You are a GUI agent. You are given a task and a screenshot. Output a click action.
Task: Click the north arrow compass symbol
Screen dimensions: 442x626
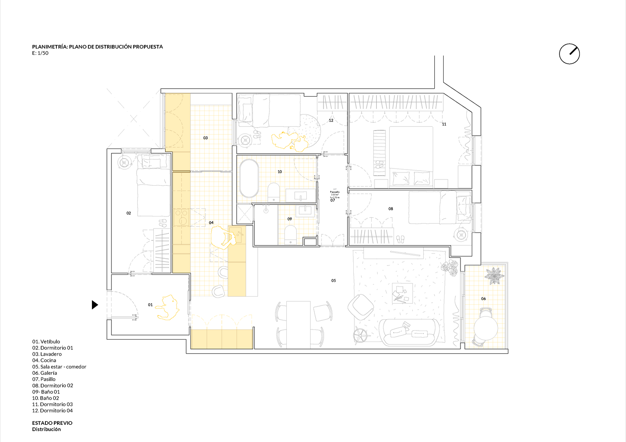569,54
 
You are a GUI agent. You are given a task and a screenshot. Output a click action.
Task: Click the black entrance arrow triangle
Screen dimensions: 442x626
95,304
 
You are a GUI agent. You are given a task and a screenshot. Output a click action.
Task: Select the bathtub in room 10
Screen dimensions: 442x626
249,178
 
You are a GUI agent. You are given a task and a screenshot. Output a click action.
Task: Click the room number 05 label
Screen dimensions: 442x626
333,281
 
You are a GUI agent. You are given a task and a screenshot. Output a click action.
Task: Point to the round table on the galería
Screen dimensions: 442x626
486,328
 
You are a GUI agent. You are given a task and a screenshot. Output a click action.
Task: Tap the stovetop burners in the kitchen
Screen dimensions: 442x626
181,217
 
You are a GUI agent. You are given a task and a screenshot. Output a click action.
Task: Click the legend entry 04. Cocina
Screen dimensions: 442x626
44,360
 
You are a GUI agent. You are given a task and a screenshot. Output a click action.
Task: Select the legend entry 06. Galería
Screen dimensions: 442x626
45,373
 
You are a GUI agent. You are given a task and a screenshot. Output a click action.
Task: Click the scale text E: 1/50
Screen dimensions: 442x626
40,53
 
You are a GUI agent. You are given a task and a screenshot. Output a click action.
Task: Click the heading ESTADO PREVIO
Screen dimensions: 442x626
52,423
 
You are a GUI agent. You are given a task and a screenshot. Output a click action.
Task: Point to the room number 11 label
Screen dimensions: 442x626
444,124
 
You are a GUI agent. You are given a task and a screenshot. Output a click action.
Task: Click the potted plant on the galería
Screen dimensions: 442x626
495,276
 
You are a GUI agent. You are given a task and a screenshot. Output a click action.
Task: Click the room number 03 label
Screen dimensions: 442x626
205,138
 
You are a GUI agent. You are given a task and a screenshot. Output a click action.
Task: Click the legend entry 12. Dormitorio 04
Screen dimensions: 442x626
52,410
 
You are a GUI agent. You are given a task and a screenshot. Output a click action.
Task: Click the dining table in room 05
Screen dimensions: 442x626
299,324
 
